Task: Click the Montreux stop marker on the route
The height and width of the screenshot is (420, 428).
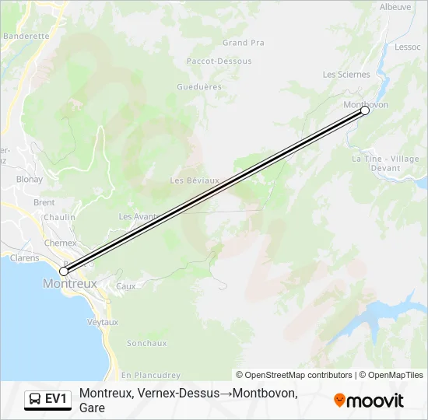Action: tap(64, 271)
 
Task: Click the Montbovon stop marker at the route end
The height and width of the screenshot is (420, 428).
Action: tap(365, 110)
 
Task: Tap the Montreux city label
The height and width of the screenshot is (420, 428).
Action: tap(70, 284)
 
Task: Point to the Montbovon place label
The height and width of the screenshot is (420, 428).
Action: tap(365, 104)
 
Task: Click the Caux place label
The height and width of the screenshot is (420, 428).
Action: tap(125, 286)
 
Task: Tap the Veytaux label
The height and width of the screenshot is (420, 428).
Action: tap(103, 322)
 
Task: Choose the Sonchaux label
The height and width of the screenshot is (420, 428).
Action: tap(146, 343)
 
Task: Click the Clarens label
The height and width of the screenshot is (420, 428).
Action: tap(24, 258)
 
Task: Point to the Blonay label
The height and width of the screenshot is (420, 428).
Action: tap(30, 179)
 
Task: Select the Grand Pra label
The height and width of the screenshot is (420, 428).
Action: tap(243, 43)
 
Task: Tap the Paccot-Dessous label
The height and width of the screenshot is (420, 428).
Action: tap(219, 61)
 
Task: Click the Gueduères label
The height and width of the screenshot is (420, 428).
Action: tap(199, 87)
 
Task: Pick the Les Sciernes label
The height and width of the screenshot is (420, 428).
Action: tap(346, 75)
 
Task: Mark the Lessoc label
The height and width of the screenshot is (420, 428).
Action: tap(407, 47)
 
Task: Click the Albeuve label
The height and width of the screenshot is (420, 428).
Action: tap(395, 7)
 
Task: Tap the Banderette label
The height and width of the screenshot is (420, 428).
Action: tap(26, 36)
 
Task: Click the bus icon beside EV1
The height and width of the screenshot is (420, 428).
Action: tap(35, 400)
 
